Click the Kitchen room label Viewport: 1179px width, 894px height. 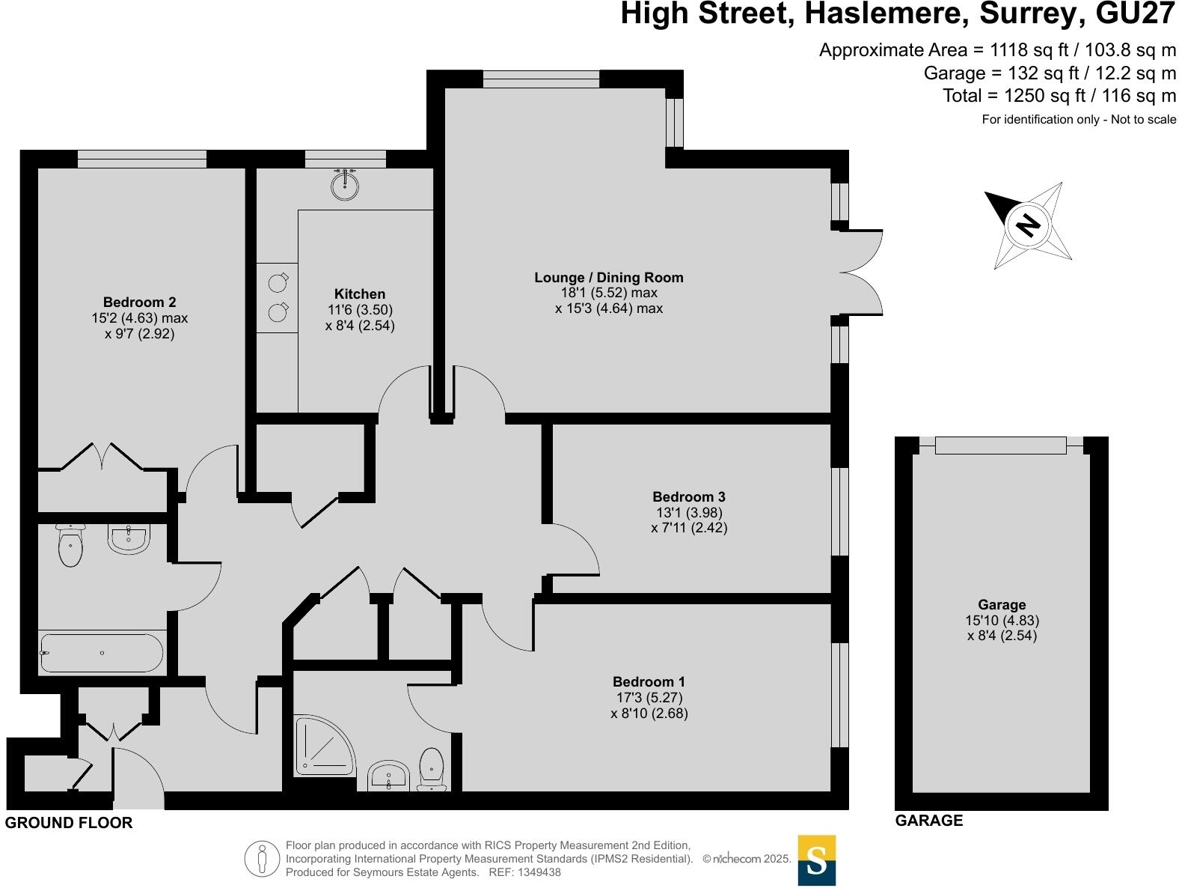point(360,294)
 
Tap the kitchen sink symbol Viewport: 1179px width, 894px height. point(345,186)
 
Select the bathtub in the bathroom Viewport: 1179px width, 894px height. point(102,653)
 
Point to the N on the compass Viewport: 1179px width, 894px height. point(1029,225)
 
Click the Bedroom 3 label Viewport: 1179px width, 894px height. point(688,497)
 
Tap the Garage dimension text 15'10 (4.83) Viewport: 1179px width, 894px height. point(1002,621)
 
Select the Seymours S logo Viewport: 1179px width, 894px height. point(817,861)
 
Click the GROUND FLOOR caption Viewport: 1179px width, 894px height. point(69,823)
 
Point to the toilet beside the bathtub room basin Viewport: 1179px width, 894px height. point(70,545)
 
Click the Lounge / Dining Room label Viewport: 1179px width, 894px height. point(608,278)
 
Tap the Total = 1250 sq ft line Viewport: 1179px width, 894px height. point(1059,96)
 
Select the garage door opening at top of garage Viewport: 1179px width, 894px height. point(1000,446)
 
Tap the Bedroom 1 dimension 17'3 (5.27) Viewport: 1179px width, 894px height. point(649,698)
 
